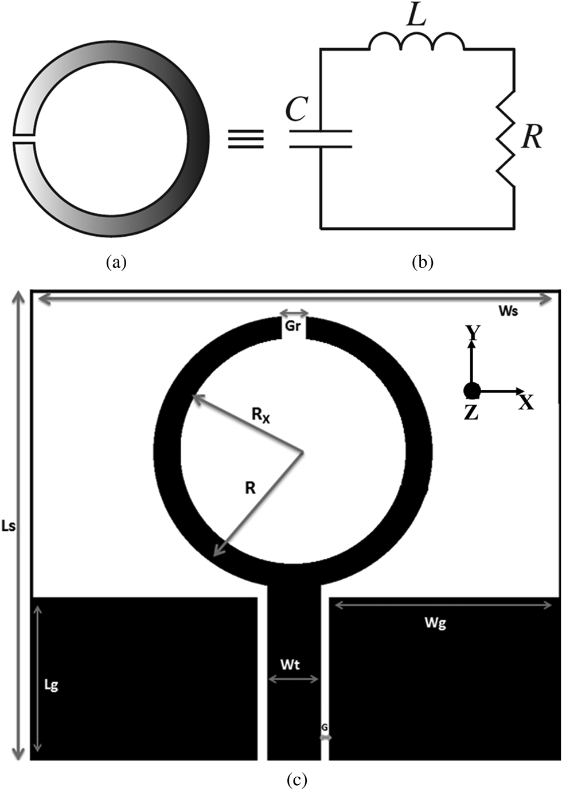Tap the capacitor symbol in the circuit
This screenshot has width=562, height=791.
tap(320, 139)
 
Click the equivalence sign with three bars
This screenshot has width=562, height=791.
tap(245, 139)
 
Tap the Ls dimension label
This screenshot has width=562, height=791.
tap(8, 526)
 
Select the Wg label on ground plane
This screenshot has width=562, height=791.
tap(435, 622)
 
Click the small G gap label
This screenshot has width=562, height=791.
tap(325, 727)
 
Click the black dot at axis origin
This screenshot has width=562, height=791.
tap(471, 390)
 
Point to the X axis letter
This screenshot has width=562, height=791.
tap(526, 402)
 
